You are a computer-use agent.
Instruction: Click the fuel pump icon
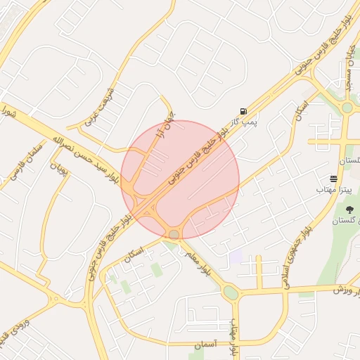[x=243, y=111]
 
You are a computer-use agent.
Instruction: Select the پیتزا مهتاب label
[x=328, y=190]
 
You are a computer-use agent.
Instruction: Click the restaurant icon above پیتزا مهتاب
[x=333, y=179]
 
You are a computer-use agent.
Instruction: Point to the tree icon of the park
[x=349, y=210]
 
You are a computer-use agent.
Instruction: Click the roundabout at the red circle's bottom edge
[x=174, y=233]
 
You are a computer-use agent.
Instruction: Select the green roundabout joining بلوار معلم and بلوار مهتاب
[x=231, y=291]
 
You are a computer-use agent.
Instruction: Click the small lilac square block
[x=235, y=257]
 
